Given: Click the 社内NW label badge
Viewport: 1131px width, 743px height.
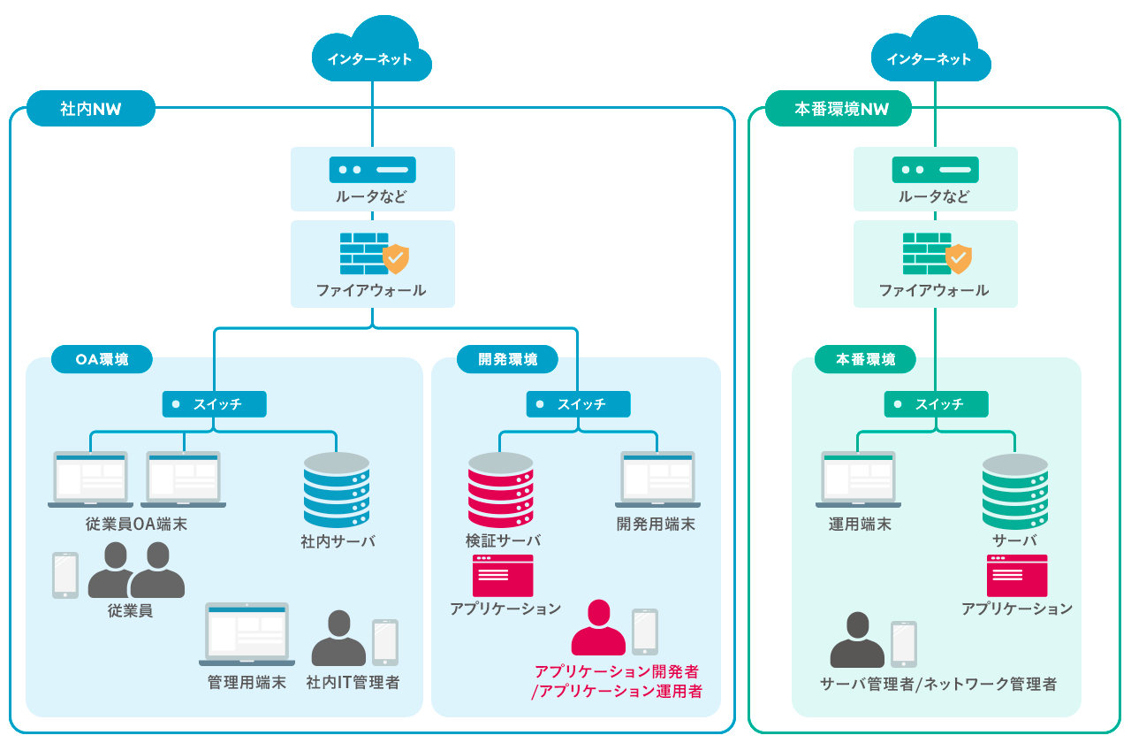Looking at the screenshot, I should click(x=91, y=109).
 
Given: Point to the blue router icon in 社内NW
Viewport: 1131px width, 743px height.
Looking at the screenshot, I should click(x=372, y=169).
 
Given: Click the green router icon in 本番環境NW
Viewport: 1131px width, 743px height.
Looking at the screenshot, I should click(x=935, y=169).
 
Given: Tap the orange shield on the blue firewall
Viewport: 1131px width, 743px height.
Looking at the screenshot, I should click(x=396, y=259).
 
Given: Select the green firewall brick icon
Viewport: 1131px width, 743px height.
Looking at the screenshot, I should click(x=926, y=253).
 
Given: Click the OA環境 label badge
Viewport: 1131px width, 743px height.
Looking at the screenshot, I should click(x=102, y=359).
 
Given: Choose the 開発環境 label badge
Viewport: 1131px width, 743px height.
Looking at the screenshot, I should click(x=507, y=359).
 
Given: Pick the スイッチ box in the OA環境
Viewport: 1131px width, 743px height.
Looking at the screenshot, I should click(x=214, y=404).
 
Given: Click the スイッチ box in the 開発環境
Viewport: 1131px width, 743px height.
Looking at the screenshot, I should click(x=578, y=404).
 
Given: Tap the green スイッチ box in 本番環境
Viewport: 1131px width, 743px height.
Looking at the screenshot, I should click(x=936, y=404).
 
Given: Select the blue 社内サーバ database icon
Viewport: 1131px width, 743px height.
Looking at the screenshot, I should click(x=337, y=490).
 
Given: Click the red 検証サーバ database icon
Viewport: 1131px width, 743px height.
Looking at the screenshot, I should click(x=501, y=490).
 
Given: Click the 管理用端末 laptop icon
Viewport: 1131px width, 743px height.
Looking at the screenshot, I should click(x=247, y=634).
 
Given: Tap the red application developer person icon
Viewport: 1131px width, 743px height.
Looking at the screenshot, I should click(x=598, y=628).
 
